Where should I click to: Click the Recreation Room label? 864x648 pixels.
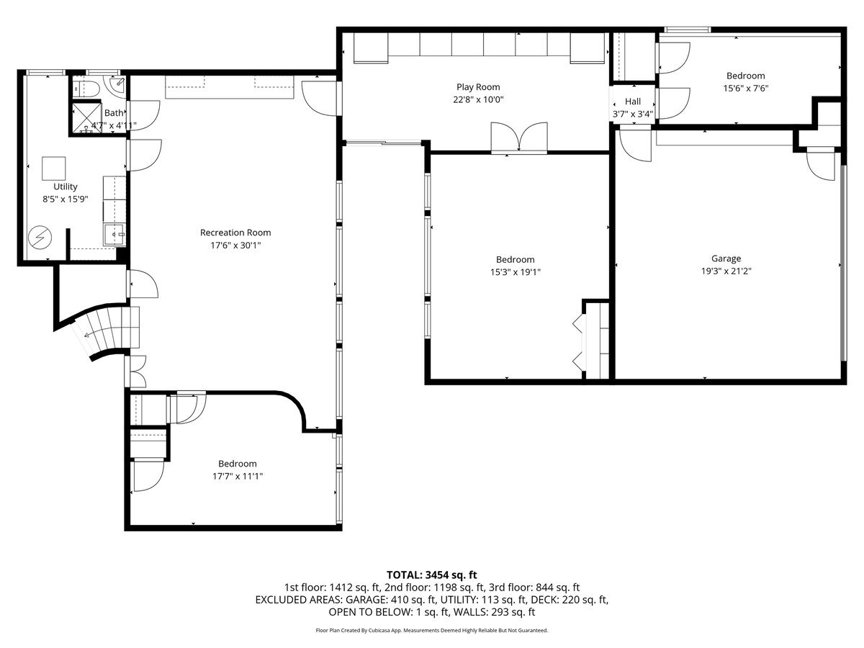(x=235, y=233)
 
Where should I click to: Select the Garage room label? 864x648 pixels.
(x=726, y=258)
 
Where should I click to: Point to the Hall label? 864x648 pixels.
(x=632, y=102)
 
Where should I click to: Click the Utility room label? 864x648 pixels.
(x=65, y=186)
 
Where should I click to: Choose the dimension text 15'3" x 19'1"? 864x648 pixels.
(x=515, y=272)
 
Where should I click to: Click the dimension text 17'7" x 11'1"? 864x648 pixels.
(x=237, y=476)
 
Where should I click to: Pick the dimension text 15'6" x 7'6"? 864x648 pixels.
(x=745, y=89)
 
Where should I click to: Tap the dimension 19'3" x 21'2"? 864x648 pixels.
(x=726, y=271)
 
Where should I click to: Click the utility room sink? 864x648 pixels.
(x=115, y=234)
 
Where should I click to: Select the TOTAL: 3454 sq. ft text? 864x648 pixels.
(x=432, y=575)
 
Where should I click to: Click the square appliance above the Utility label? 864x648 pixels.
(x=53, y=168)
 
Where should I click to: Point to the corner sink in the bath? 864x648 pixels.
(x=116, y=84)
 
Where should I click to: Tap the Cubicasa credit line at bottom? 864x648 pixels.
(x=432, y=630)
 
